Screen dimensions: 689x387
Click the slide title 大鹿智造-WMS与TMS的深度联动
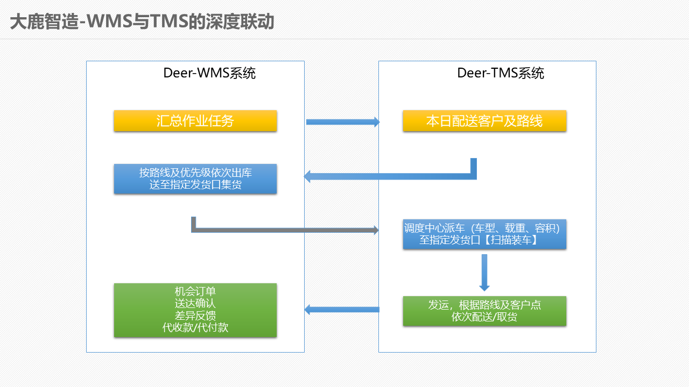(142, 21)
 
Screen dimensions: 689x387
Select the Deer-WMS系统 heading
(209, 73)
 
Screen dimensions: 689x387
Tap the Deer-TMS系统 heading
(501, 73)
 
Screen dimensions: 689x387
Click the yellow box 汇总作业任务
(195, 121)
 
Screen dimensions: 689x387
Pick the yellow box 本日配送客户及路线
(484, 121)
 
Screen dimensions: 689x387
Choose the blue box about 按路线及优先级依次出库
(195, 179)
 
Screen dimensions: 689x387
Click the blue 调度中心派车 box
(484, 234)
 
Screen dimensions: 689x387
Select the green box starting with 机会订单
(195, 310)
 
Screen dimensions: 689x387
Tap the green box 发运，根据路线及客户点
(484, 311)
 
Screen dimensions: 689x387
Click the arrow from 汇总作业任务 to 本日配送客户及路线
(343, 122)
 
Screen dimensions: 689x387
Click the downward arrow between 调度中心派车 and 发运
(484, 273)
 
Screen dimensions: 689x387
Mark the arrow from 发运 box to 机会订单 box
(342, 310)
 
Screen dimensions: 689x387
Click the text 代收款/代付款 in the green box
(195, 327)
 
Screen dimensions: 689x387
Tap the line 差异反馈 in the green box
(195, 316)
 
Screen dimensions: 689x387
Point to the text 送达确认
(195, 304)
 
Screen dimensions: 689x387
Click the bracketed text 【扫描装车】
(511, 240)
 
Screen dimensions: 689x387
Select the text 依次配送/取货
(484, 317)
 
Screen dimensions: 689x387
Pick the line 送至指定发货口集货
(195, 184)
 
